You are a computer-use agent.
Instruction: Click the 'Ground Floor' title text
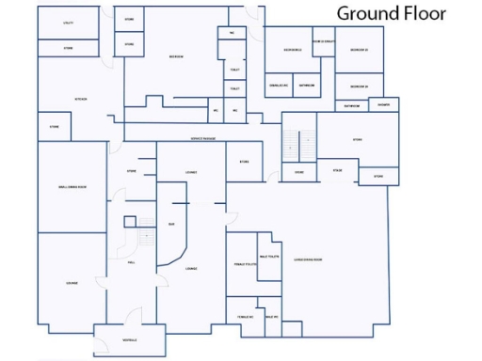pos(392,13)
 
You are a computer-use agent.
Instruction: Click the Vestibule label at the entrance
pos(129,339)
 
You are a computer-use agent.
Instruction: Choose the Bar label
pos(171,224)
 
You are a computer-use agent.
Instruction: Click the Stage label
pos(337,170)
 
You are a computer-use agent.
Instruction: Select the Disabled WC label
pos(279,86)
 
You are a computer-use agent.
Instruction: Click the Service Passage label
pos(202,138)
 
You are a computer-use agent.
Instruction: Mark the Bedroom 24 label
pos(359,86)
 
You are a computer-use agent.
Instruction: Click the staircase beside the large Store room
pos(298,142)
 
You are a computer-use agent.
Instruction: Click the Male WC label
pos(270,318)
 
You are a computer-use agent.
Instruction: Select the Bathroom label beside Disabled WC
pos(307,86)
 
